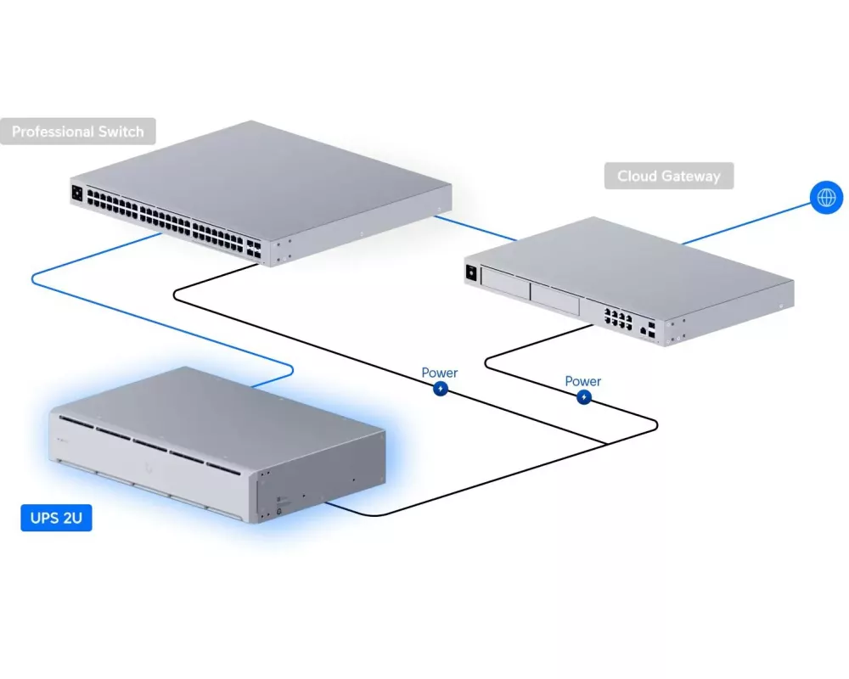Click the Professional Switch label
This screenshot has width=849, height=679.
tap(77, 132)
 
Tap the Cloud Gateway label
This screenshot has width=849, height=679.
tap(668, 177)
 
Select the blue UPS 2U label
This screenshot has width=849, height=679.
tap(56, 517)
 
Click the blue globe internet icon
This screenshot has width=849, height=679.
tap(825, 199)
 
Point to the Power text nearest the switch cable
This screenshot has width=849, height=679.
tap(440, 373)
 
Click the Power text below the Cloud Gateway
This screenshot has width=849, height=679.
tap(583, 381)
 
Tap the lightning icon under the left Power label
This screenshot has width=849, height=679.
tap(440, 389)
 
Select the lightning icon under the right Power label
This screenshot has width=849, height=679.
tap(583, 397)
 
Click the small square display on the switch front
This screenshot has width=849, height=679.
tap(77, 193)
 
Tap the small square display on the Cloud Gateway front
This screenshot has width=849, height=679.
tap(470, 272)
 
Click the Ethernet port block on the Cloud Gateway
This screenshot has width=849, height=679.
tap(617, 317)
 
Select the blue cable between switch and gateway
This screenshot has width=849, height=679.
tap(475, 227)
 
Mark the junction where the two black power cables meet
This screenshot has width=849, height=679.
tap(604, 443)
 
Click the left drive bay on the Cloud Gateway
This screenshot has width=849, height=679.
tap(504, 282)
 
